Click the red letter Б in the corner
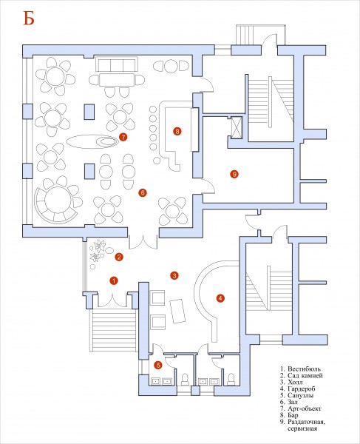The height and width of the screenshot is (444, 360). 29,19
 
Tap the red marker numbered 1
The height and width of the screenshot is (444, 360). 114,280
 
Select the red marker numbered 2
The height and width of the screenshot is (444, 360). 119,257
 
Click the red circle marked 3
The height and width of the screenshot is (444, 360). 174,275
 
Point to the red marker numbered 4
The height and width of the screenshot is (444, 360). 220,298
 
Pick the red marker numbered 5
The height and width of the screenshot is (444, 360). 158,366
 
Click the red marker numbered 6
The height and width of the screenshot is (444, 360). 143,193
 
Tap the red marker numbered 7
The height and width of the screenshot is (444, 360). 123,137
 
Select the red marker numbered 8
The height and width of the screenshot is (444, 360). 177,131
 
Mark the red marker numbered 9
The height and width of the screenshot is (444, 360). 234,174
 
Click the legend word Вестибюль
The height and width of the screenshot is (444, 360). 304,369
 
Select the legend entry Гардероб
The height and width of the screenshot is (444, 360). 301,388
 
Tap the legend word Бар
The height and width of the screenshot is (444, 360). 293,415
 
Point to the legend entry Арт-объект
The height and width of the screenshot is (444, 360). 305,408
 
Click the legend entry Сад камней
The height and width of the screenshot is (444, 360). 305,375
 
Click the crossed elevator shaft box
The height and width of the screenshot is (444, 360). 237,127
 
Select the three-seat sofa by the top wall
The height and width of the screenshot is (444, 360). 117,64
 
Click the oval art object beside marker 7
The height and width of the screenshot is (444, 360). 92,141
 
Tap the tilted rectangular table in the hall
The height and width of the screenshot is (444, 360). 177,311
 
